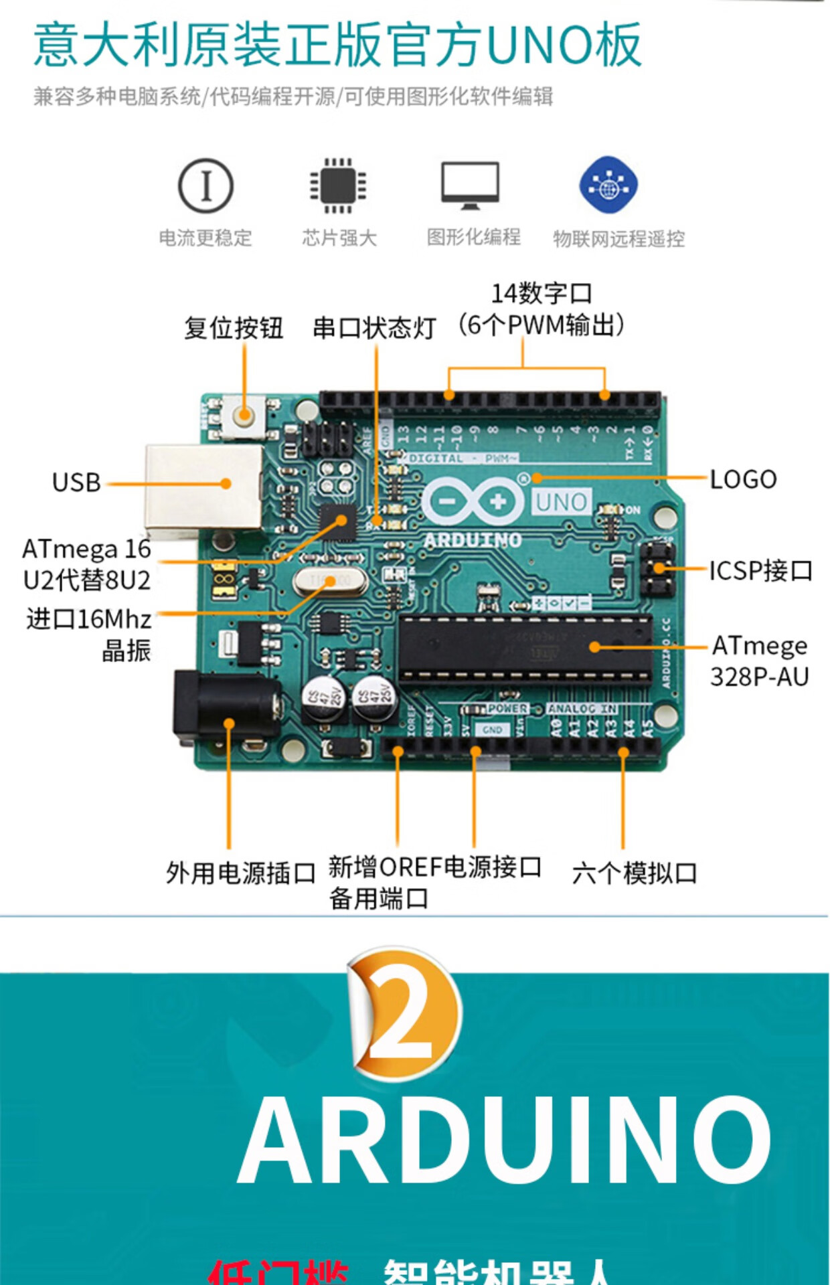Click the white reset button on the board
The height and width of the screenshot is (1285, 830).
point(244,416)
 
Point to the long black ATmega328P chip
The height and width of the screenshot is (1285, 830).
point(525,648)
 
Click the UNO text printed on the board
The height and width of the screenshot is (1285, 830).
point(561,502)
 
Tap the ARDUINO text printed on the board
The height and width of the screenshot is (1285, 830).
point(473,540)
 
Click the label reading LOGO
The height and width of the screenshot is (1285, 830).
point(743,479)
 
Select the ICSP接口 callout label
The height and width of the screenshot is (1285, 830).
point(760,570)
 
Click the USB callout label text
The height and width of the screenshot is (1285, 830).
point(76,483)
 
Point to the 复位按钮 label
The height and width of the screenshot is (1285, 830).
point(234,328)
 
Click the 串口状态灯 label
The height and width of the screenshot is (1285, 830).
point(374,328)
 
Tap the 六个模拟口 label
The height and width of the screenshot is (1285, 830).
point(635,873)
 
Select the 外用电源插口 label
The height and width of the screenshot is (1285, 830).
point(240,873)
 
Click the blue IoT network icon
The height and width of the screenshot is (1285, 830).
point(608,185)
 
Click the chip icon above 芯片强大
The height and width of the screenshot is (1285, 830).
point(338,185)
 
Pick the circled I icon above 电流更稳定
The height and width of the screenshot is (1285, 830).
point(205,185)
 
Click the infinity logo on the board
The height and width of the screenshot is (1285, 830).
point(473,501)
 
